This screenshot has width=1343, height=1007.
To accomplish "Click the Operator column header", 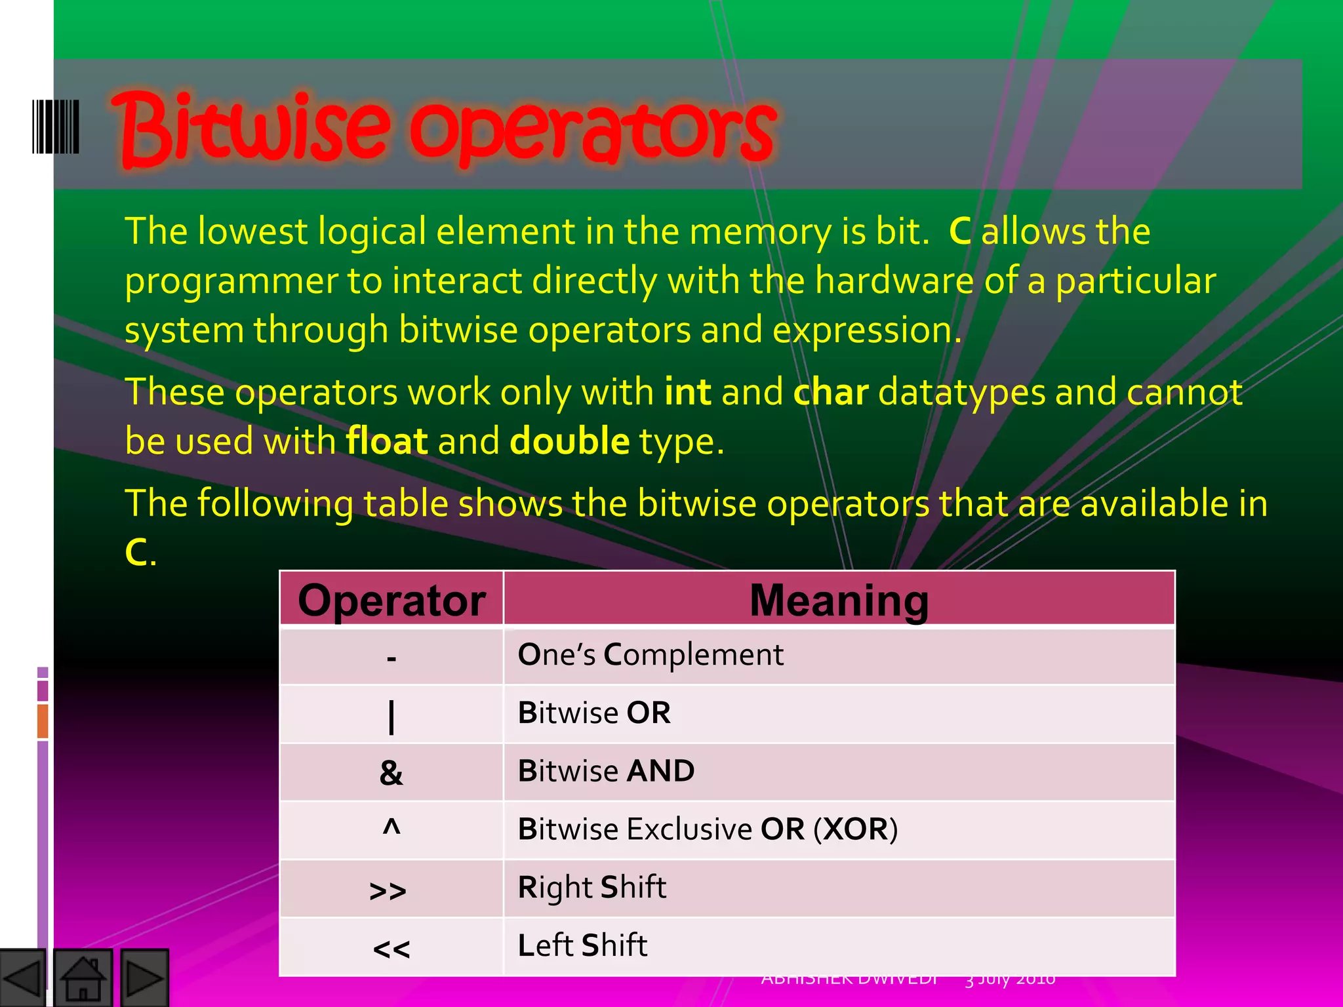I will point(391,600).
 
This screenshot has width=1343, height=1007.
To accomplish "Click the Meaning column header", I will point(839,600).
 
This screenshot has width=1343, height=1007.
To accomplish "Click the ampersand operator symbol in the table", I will point(391,773).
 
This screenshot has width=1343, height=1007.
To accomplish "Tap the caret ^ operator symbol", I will point(391,827).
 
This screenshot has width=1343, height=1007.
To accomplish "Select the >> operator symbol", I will point(388,891).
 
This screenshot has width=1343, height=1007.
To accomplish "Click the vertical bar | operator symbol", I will point(391,717).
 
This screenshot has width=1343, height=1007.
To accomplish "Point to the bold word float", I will point(387,441).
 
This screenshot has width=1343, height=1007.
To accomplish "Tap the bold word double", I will point(569,441).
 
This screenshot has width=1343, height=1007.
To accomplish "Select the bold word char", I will point(831,393).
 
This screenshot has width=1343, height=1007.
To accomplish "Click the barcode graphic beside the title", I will point(56,127).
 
